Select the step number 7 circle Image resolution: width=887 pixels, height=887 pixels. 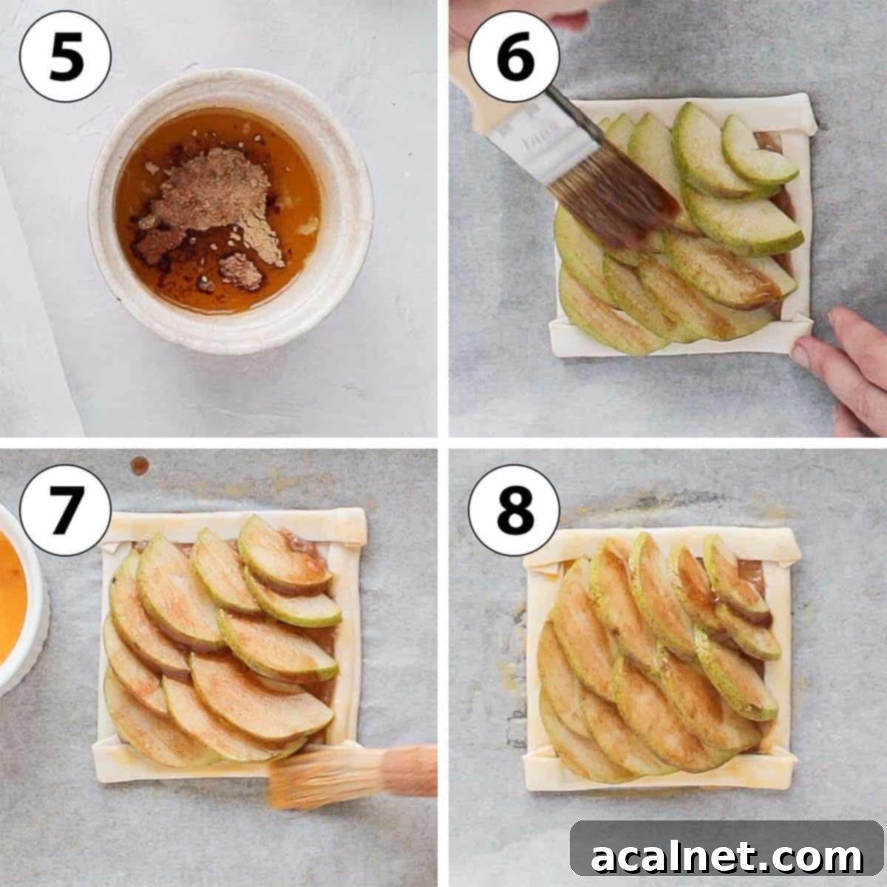65,509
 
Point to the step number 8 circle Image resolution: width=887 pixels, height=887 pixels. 514,509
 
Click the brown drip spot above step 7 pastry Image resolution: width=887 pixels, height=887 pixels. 140,466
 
